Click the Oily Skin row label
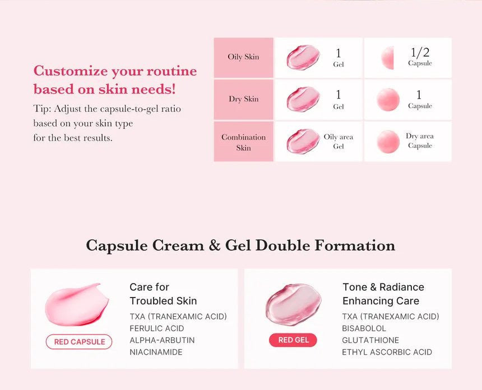pos(243,57)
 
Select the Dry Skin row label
pos(243,99)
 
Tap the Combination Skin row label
pos(243,142)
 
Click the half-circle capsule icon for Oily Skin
pos(388,58)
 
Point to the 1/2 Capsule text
pos(420,57)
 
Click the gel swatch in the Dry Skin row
pos(303,99)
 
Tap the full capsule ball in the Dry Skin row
pos(388,99)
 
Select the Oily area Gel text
pos(339,142)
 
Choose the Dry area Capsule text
pos(420,141)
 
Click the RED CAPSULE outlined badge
pos(79,342)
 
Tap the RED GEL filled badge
pos(293,340)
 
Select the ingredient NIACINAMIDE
pos(156,352)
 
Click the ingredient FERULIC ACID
pos(156,328)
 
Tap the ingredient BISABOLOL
pos(364,328)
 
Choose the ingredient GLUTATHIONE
pos(370,340)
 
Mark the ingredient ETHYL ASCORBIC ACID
pos(387,352)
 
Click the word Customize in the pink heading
pos(71,71)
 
